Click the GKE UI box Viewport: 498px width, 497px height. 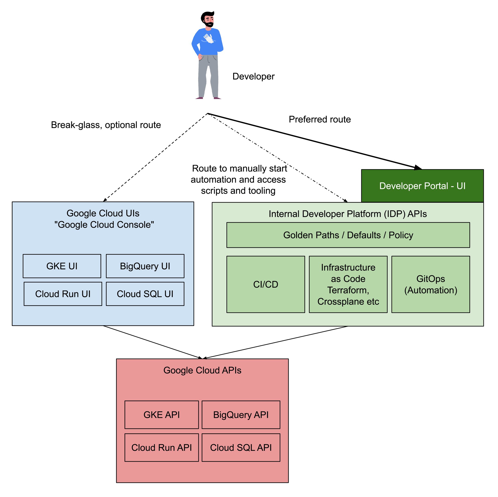pos(62,266)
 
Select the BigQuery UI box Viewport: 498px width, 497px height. pos(145,266)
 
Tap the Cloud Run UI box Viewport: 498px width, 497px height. pos(63,294)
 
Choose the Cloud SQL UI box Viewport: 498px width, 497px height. pos(145,294)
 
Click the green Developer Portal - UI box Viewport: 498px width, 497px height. pos(422,186)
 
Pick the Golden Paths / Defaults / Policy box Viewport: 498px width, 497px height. pos(348,235)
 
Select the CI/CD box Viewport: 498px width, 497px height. pos(266,284)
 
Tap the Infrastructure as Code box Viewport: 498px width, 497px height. pos(348,284)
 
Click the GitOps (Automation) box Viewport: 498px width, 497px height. pos(431,284)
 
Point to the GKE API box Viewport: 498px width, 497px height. pos(162,415)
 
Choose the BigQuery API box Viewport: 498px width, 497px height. pos(241,415)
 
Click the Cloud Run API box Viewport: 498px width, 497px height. pos(162,447)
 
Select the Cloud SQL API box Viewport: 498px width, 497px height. pos(241,447)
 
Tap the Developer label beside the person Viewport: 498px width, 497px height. pos(253,76)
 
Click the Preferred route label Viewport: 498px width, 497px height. pos(320,119)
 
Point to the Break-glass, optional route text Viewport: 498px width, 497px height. pos(106,125)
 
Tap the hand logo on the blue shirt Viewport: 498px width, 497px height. pos(208,39)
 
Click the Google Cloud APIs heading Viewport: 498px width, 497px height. pos(202,370)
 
